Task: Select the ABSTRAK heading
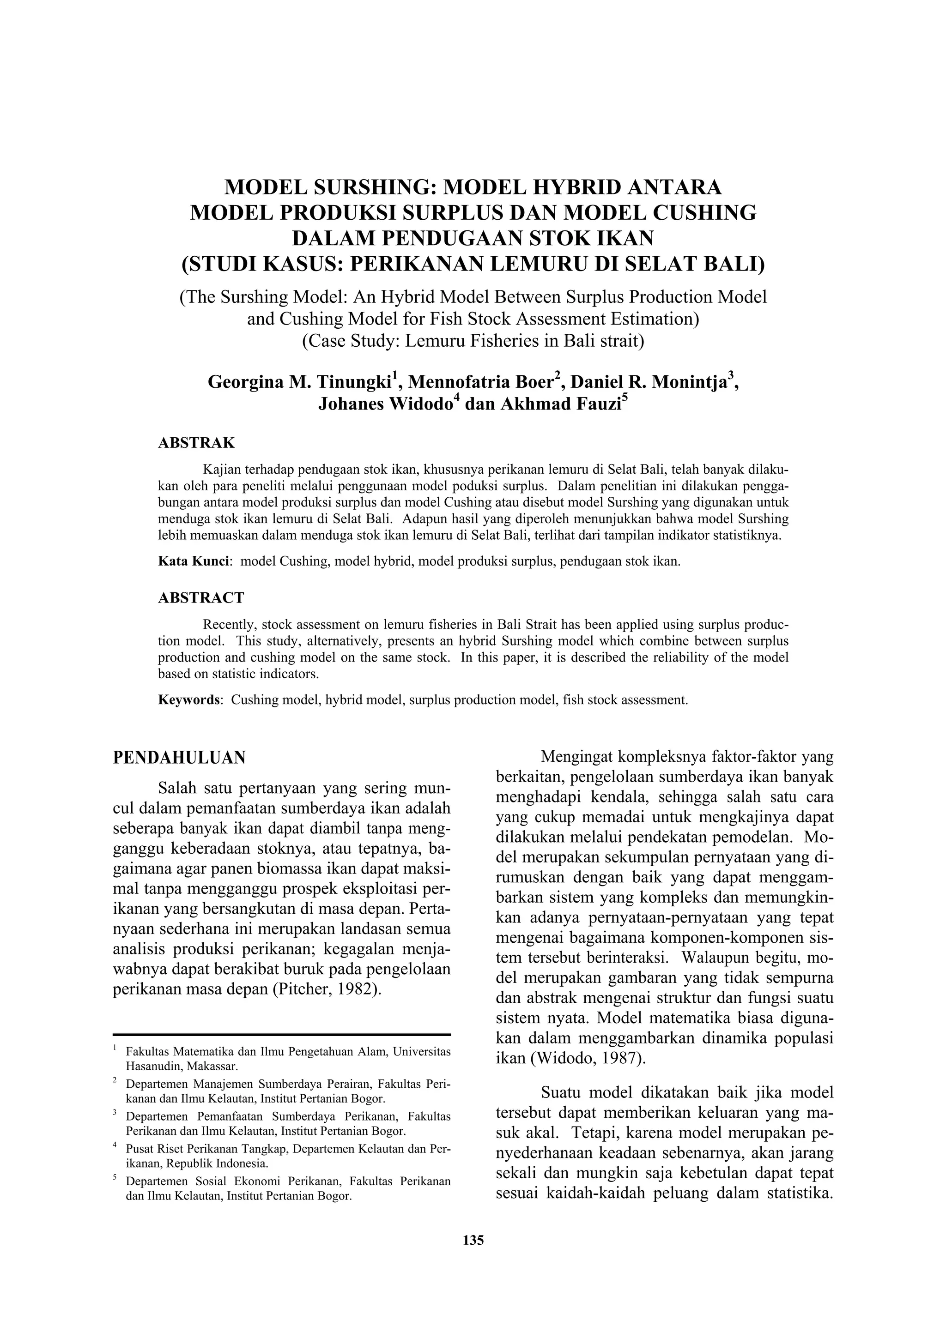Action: click(x=196, y=443)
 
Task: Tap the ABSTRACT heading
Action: click(x=201, y=598)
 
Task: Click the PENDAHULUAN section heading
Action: click(x=179, y=758)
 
